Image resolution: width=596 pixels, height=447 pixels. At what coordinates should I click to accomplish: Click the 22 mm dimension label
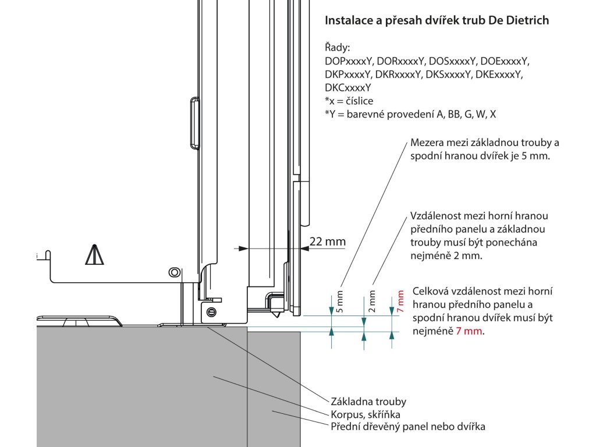point(327,242)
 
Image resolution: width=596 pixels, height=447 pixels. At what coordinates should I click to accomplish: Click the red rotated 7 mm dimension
point(400,302)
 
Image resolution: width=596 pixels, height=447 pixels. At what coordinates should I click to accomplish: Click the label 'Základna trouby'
point(368,402)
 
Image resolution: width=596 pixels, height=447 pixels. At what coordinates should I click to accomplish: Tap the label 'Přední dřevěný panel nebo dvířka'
point(407,427)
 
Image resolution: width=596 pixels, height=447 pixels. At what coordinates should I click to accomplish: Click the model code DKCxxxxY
point(348,88)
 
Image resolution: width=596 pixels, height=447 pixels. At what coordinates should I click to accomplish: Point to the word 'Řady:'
point(338,47)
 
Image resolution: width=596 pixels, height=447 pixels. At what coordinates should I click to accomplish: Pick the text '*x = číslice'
point(349,101)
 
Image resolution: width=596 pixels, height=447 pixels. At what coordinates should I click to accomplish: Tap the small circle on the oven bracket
point(173,272)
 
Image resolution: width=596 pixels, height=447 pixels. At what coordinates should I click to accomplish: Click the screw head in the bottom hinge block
point(211,311)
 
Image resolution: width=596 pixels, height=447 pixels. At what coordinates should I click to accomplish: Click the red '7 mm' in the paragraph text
point(471,331)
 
